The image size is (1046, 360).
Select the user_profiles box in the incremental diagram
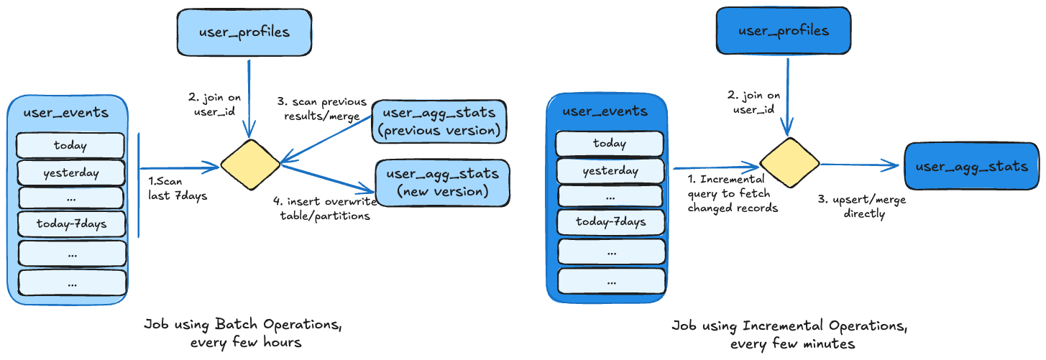[x=784, y=31]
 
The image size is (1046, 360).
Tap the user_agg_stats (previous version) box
[x=440, y=121]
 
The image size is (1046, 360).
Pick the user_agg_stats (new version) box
[x=442, y=183]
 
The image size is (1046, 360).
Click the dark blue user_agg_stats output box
[x=971, y=166]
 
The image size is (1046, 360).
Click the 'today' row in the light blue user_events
[x=70, y=145]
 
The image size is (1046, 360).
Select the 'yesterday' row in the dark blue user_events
[x=610, y=171]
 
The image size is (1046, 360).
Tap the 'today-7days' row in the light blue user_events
[x=71, y=224]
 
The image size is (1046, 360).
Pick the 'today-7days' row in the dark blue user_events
[x=610, y=222]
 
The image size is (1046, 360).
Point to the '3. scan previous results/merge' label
[x=322, y=109]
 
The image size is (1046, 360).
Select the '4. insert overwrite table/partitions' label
[x=325, y=209]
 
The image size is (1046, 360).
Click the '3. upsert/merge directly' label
[x=861, y=207]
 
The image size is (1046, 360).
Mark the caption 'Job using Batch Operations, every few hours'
[x=242, y=333]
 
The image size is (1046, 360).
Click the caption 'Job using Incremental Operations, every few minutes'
[x=789, y=335]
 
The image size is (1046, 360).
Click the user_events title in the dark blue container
[x=605, y=111]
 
